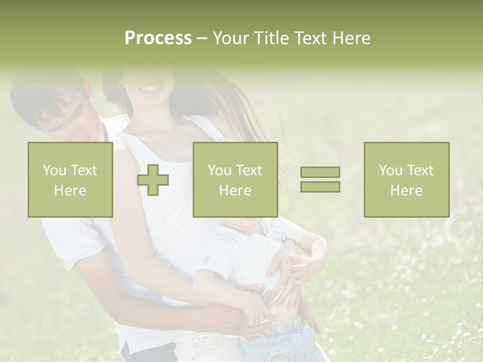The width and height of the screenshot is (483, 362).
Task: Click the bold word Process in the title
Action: pos(158,38)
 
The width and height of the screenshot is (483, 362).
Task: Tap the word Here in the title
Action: pos(351,38)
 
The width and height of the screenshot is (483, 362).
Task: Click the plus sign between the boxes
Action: pos(153,180)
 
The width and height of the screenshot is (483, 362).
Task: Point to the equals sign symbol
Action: pos(320,179)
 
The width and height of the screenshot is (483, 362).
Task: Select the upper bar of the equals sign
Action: pos(320,172)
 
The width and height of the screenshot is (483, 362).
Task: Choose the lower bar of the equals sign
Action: pos(320,187)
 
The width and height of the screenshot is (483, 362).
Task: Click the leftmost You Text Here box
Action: pos(70,179)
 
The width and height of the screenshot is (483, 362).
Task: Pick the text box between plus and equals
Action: pos(235,179)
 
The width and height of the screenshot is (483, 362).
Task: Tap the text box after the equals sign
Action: pos(406,179)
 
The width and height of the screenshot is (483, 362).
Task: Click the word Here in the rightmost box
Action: pos(406,191)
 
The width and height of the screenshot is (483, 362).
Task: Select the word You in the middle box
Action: pos(219,170)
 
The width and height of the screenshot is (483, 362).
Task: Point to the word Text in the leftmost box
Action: pos(84,170)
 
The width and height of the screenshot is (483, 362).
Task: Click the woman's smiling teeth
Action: pos(151,88)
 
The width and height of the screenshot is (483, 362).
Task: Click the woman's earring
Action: pos(121,86)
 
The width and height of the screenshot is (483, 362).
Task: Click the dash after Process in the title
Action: pos(202,38)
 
